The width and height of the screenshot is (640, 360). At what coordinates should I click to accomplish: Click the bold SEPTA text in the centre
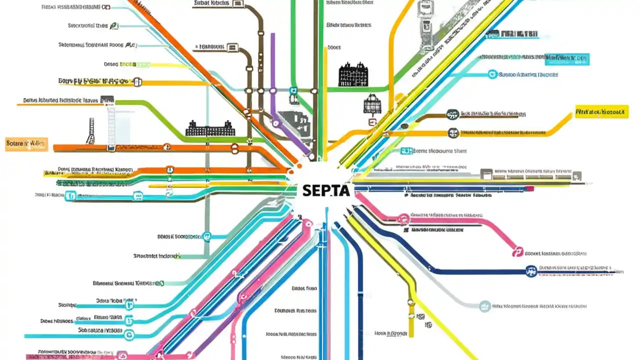tap(326, 190)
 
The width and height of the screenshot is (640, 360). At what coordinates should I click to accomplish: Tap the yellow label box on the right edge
tap(601, 111)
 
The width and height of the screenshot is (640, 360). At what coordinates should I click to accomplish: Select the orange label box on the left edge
tap(26, 144)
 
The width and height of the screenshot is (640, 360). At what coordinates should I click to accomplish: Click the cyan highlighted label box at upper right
tap(567, 58)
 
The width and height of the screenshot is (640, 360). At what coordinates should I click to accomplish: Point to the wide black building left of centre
tap(210, 128)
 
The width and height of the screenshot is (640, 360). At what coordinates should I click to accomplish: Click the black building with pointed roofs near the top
tap(353, 74)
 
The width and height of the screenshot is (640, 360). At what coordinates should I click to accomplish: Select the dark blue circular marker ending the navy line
tap(531, 271)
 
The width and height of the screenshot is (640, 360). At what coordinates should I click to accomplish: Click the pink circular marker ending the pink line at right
tap(517, 252)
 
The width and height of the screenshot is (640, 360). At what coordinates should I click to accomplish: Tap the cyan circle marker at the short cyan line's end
tap(492, 74)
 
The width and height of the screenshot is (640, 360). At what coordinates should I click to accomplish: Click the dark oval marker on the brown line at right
tap(452, 114)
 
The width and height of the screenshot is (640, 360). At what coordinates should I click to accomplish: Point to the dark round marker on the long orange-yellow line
tap(453, 133)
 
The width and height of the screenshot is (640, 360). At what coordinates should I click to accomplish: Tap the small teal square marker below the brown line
tap(294, 91)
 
